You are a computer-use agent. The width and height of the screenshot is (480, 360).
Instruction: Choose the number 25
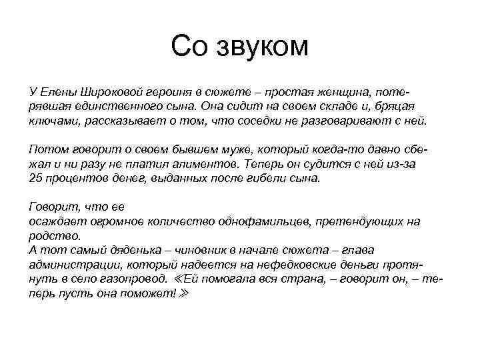pyautogui.click(x=37, y=179)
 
